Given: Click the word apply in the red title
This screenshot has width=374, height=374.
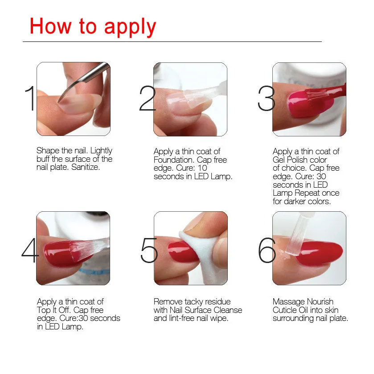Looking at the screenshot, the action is click(x=130, y=27).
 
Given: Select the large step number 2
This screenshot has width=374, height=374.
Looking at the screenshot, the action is click(x=148, y=98).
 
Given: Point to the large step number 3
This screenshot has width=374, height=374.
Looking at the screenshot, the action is click(x=267, y=98).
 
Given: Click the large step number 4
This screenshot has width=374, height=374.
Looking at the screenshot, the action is click(x=30, y=250).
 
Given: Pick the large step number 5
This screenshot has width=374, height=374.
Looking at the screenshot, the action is click(x=149, y=250).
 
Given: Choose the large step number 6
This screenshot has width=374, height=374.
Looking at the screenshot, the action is click(x=267, y=250).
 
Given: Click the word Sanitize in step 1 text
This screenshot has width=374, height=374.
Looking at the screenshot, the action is click(x=86, y=167).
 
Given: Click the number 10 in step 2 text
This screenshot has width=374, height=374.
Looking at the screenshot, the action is click(x=202, y=168).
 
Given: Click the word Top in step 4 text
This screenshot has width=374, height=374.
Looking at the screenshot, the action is click(x=44, y=310).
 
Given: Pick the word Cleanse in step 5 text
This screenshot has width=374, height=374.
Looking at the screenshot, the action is click(x=228, y=310).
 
